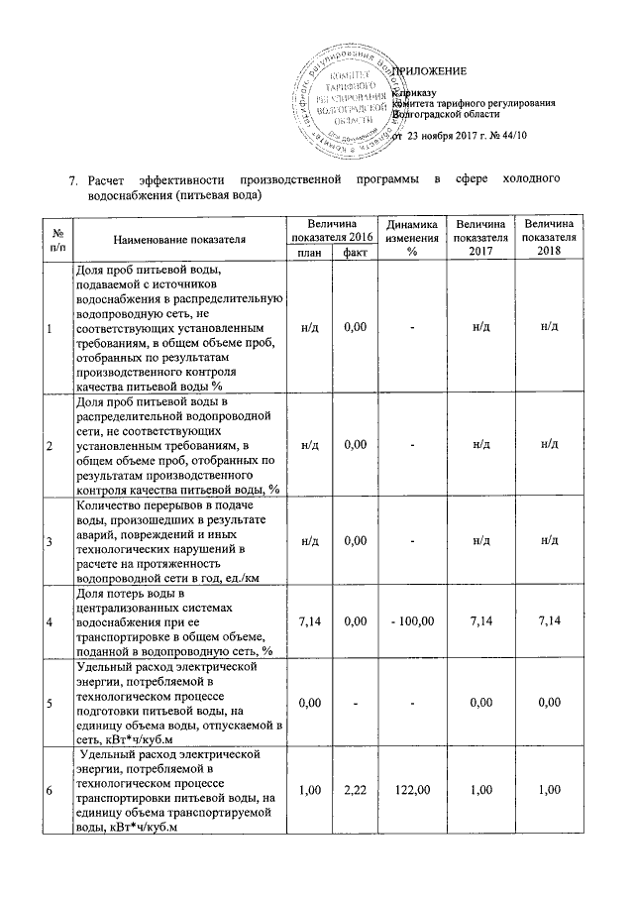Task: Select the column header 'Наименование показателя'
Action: (x=178, y=240)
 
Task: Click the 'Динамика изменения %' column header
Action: (x=409, y=239)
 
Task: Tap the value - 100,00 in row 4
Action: (x=409, y=621)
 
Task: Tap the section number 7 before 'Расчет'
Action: (x=72, y=180)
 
